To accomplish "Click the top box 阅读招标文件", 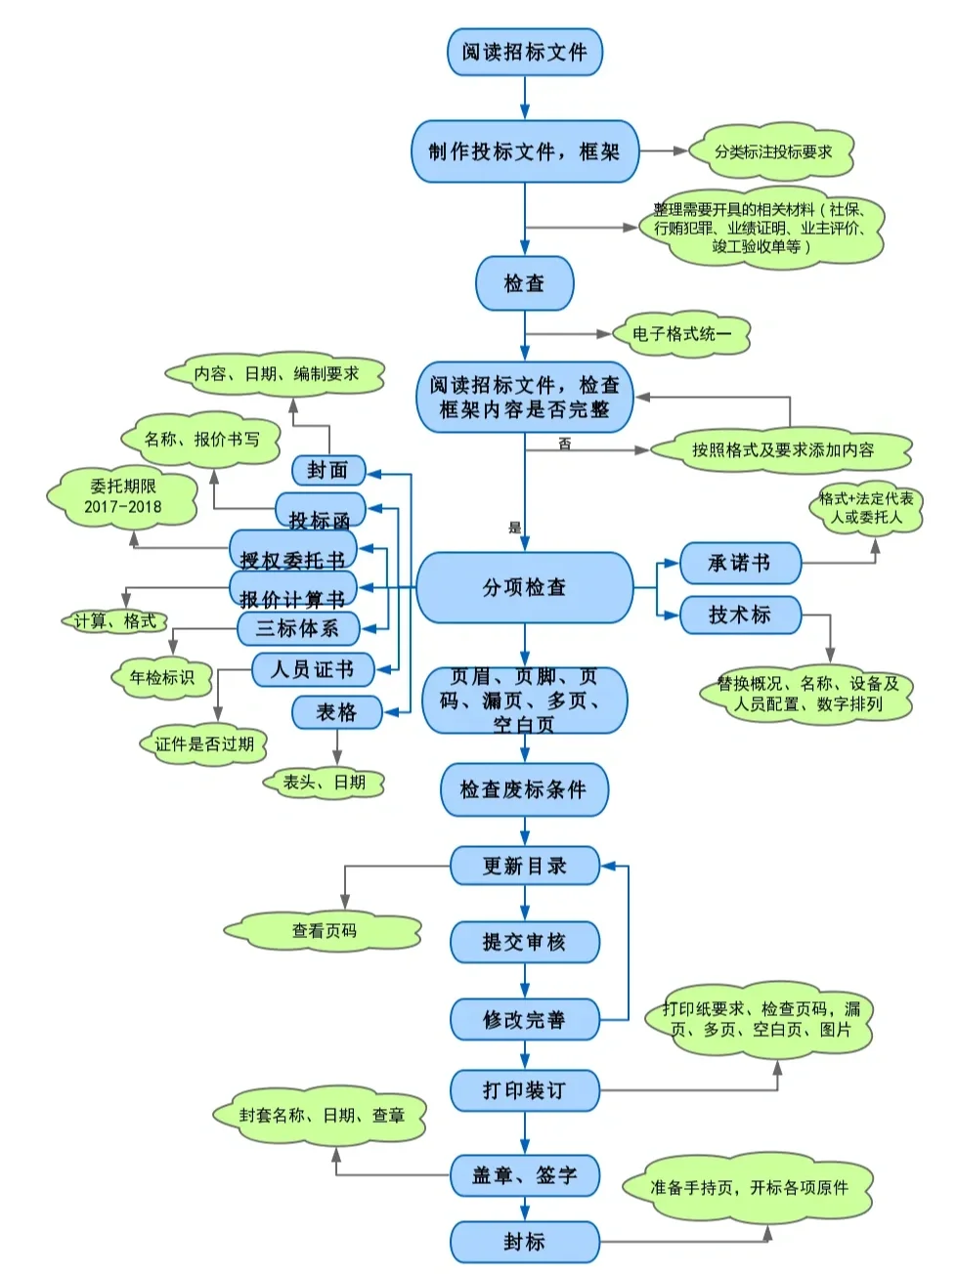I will click(525, 52).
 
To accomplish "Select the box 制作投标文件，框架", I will click(525, 151).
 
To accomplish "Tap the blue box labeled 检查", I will click(524, 283).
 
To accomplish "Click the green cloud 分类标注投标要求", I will click(772, 151).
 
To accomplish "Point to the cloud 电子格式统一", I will click(680, 334).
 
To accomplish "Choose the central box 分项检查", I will click(525, 587).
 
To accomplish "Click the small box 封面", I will click(328, 470).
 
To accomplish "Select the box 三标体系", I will click(298, 628).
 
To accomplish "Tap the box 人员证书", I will click(313, 670).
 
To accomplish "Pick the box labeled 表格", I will click(336, 712).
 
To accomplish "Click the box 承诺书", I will click(740, 563).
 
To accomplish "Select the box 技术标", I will click(740, 615).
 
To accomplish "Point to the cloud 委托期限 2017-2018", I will click(123, 496).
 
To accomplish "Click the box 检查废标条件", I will click(525, 789).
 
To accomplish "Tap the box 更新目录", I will click(525, 866).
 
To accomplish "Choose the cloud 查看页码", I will click(324, 931).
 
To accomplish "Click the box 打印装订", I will click(525, 1090).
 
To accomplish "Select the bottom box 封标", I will click(525, 1242).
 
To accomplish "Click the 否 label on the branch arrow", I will click(565, 444).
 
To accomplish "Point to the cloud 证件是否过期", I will click(204, 744).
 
